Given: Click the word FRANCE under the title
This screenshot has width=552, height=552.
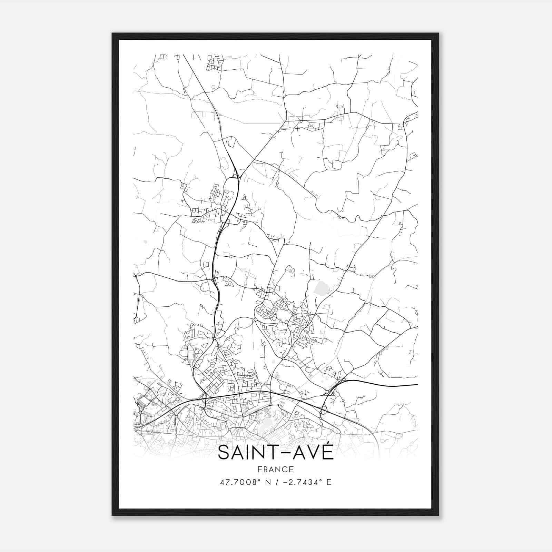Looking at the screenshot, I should pyautogui.click(x=276, y=469).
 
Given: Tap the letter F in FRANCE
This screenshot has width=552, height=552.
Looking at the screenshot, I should pyautogui.click(x=259, y=469).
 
